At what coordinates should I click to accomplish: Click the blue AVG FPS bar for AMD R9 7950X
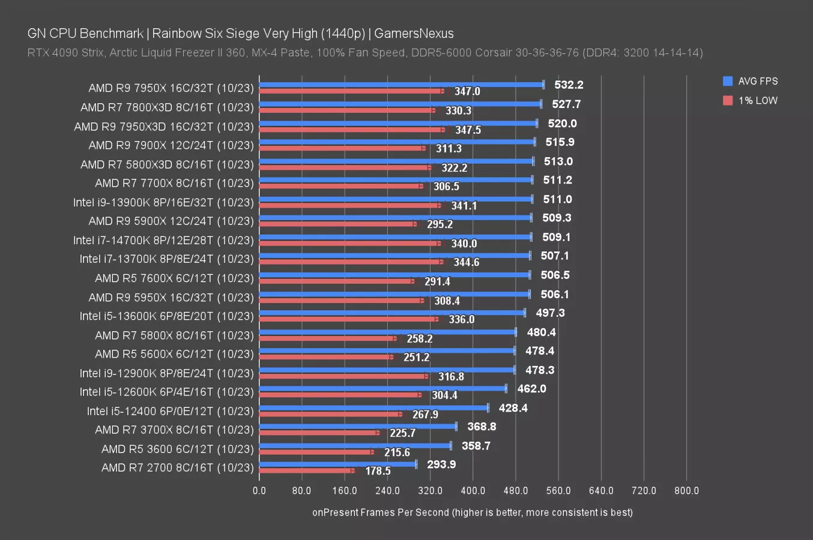[x=401, y=85]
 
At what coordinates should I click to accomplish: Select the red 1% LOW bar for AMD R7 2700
[x=306, y=471]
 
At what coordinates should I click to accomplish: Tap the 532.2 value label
[x=569, y=85]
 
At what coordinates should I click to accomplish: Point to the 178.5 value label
[x=378, y=471]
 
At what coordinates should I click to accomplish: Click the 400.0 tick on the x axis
[x=473, y=491]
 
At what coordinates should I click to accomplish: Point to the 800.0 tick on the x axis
[x=686, y=491]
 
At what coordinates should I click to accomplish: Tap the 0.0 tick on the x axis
[x=259, y=491]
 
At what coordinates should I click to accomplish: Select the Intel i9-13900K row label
[x=163, y=202]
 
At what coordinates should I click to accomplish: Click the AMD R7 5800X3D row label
[x=167, y=164]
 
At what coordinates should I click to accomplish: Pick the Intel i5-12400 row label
[x=170, y=411]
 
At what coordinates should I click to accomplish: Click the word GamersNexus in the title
[x=414, y=34]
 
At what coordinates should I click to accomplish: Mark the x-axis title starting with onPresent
[x=472, y=512]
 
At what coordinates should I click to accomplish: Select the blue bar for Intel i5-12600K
[x=382, y=389]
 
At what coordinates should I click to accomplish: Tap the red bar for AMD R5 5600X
[x=325, y=357]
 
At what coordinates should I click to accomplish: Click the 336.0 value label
[x=461, y=319]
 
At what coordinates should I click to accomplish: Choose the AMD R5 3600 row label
[x=177, y=449]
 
